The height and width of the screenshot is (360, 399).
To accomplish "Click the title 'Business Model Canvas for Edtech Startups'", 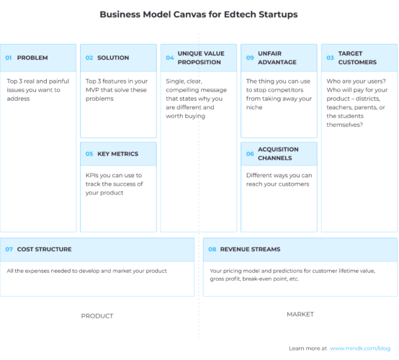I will coord(198,14).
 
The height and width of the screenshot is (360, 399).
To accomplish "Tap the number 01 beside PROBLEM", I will coord(9,58).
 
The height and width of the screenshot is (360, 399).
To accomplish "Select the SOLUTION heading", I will coord(113,58).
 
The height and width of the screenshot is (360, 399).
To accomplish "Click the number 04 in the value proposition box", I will coord(170,58).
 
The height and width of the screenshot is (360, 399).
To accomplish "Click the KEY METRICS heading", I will coord(117,153).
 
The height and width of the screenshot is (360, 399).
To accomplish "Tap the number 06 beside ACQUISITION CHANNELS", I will coord(250,153).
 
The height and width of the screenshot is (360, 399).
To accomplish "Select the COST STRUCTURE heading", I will coord(44,249).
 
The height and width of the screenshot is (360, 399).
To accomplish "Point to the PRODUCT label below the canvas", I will coord(97,315).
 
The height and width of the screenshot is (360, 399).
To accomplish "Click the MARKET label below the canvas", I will coord(300,315).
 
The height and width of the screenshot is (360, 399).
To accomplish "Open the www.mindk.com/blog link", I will coord(360,348).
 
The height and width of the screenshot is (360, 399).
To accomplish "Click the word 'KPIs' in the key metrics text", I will coord(93,175).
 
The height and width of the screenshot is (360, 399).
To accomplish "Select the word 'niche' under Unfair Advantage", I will coord(255,108).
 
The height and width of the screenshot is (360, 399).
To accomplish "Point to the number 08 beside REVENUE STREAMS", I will coord(212,249).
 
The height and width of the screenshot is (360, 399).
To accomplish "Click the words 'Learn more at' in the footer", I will coord(308,348).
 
